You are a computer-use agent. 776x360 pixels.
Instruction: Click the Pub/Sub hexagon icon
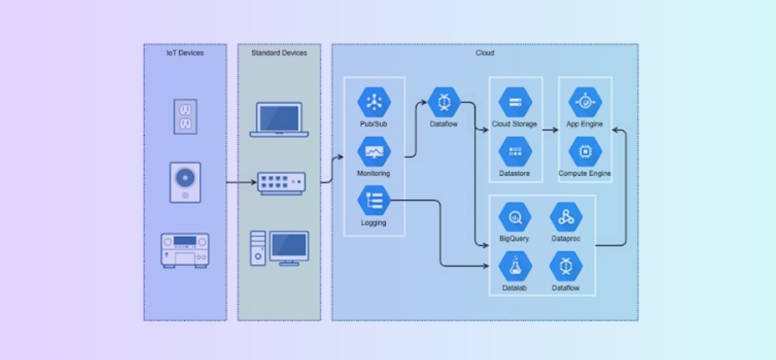click(x=374, y=102)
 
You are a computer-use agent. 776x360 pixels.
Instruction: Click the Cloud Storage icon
click(x=515, y=102)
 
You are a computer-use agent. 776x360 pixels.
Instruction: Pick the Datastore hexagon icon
click(x=515, y=152)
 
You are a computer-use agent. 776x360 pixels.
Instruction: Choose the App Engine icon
click(x=585, y=102)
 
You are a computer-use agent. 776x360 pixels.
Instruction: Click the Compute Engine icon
click(x=585, y=152)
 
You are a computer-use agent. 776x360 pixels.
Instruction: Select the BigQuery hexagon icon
click(x=515, y=218)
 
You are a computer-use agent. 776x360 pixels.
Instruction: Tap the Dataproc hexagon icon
click(x=566, y=218)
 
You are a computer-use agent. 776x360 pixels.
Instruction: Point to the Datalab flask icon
click(x=515, y=267)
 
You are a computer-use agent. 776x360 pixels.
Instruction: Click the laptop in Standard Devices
click(x=279, y=119)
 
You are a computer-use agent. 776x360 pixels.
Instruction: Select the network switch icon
click(x=281, y=183)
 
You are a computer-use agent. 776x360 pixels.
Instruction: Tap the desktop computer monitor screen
click(x=289, y=245)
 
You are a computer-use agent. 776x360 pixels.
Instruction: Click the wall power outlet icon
click(x=185, y=116)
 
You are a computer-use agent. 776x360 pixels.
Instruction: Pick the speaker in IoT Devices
click(x=185, y=182)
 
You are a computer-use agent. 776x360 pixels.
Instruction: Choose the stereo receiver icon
click(x=185, y=250)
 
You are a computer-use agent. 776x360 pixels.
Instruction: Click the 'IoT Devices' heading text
click(x=185, y=53)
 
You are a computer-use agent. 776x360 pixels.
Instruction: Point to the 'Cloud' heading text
click(x=485, y=53)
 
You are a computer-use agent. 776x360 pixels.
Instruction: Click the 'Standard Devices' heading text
click(x=279, y=53)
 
